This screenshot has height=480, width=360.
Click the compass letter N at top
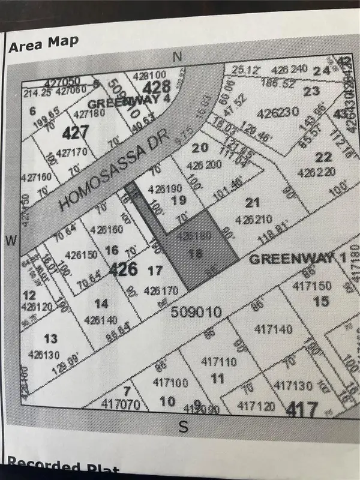(x=177, y=57)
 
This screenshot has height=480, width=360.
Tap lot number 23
(x=311, y=92)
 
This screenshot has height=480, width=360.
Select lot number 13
(x=52, y=338)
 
